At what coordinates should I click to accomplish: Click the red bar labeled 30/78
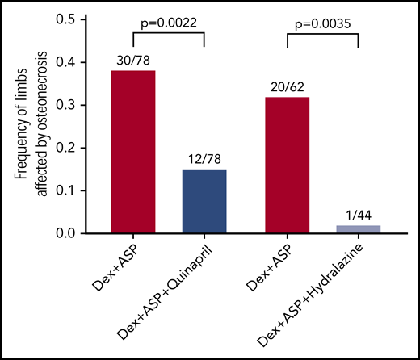[x=133, y=153]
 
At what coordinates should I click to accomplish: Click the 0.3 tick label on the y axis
[x=73, y=105]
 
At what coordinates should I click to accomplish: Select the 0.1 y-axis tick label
[x=73, y=190]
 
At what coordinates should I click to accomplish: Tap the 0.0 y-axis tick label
[x=73, y=233]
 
